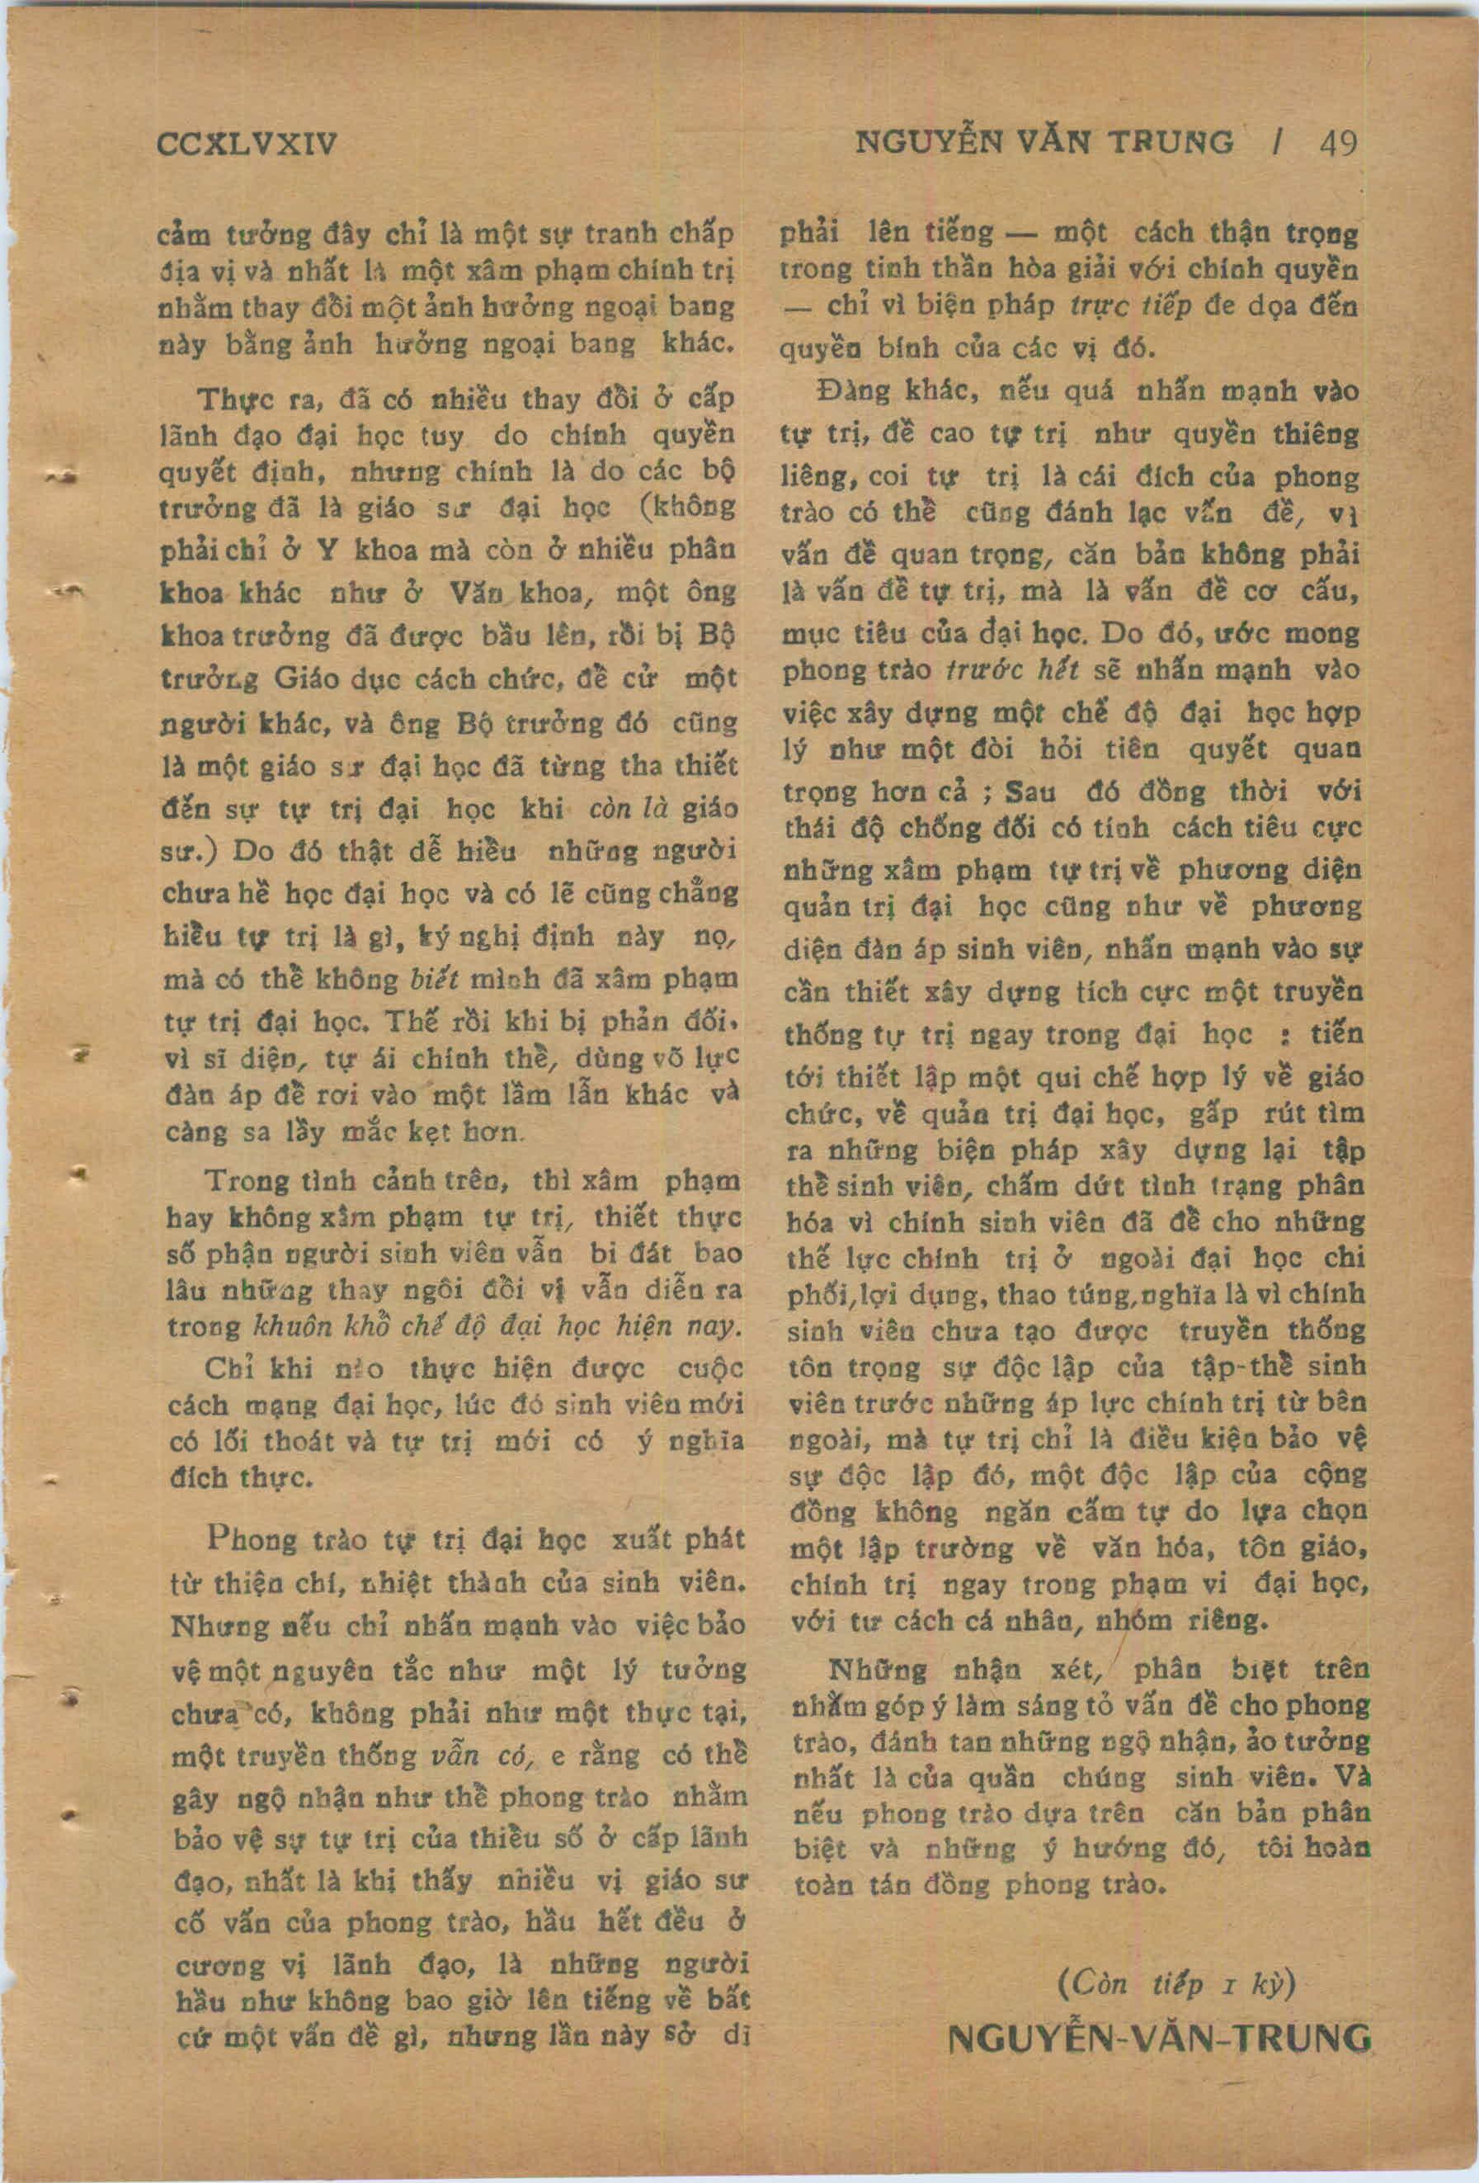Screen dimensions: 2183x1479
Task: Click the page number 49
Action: click(1336, 143)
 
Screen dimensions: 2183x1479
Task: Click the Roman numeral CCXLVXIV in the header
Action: click(247, 144)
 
